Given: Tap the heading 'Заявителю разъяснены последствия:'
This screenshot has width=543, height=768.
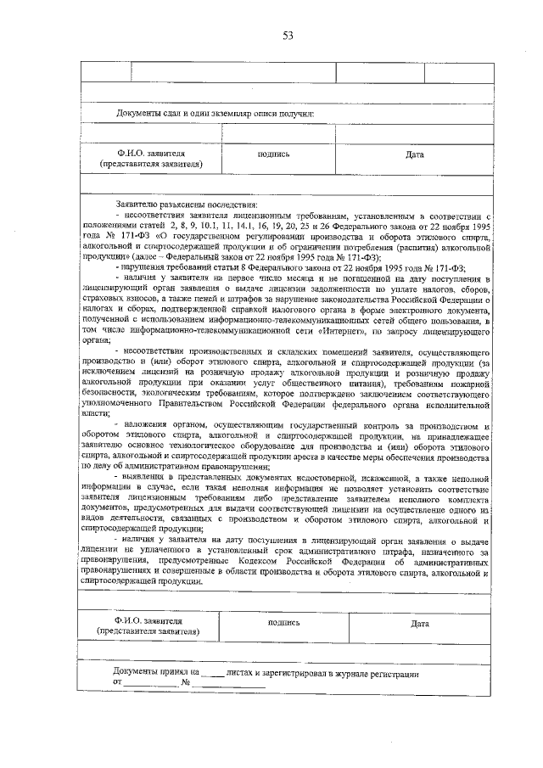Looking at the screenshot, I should click(x=187, y=205).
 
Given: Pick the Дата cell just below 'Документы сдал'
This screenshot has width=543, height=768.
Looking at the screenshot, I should click(x=414, y=154).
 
